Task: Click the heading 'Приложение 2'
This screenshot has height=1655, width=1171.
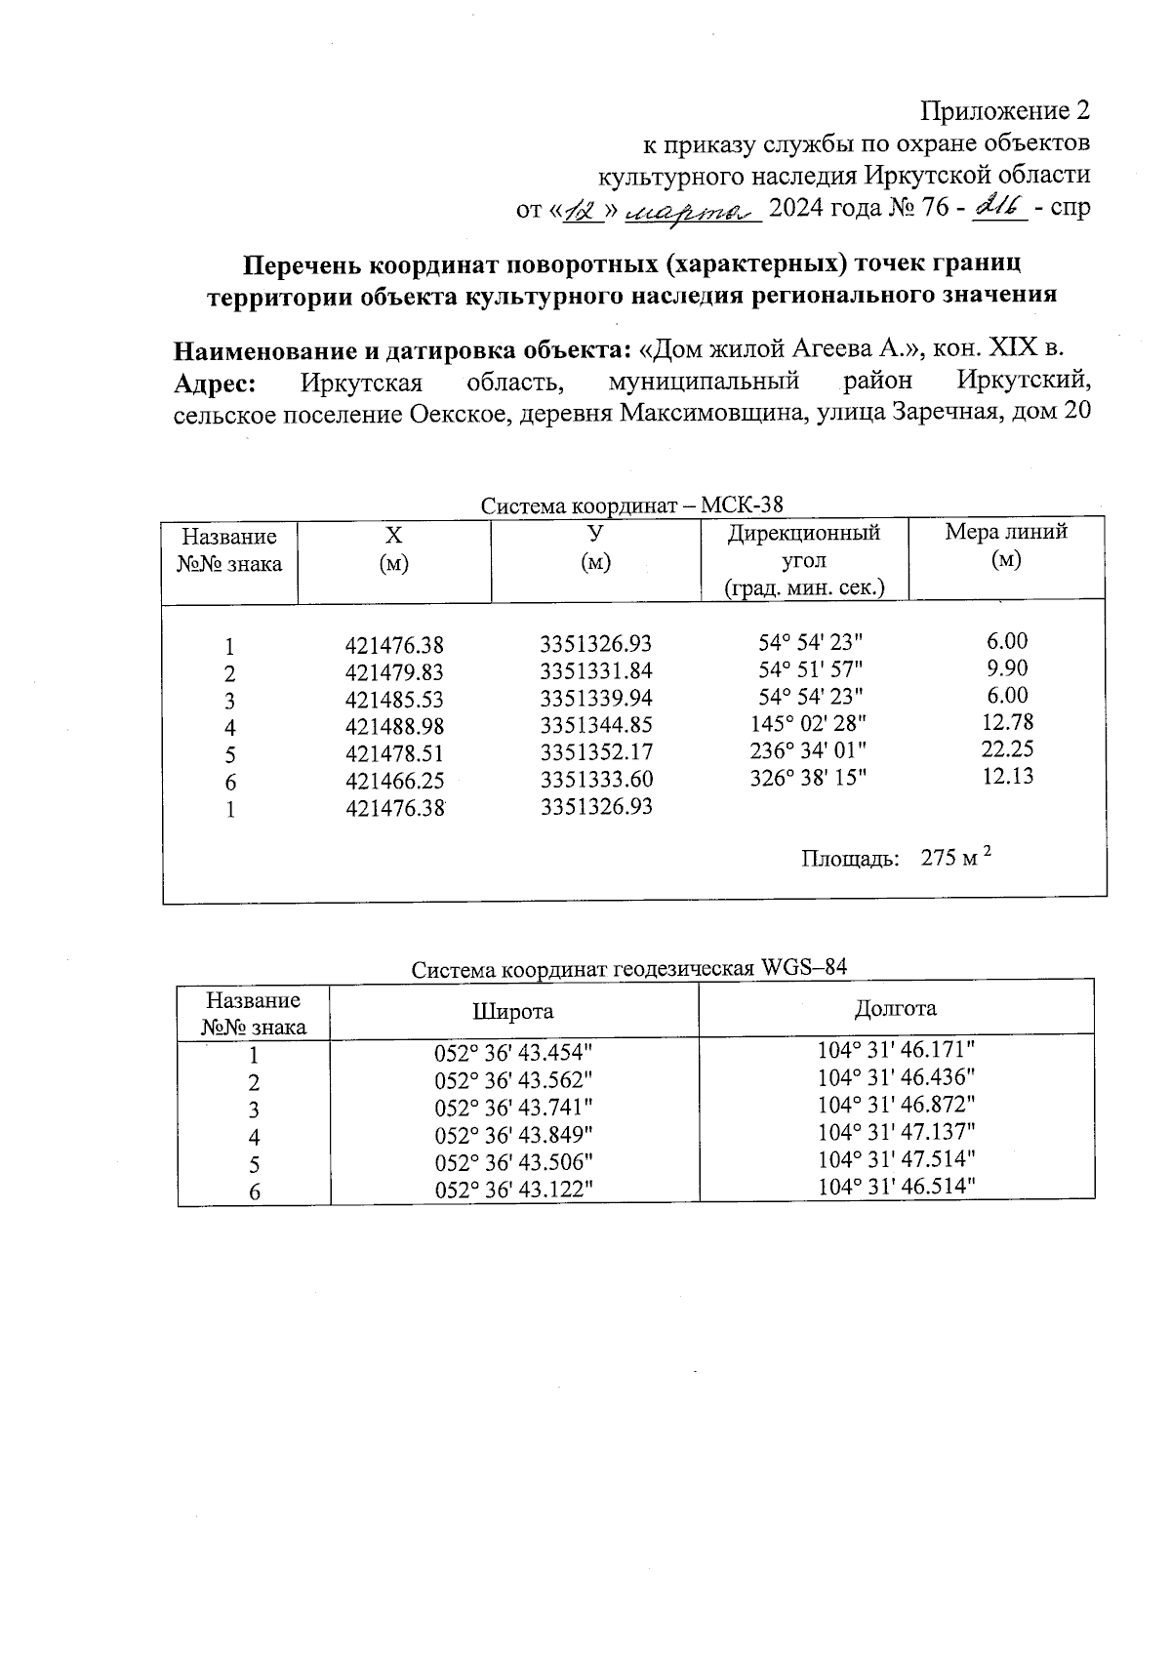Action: pos(1005,111)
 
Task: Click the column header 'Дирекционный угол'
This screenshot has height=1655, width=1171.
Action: pos(803,547)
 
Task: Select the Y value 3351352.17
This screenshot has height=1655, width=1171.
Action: pos(596,753)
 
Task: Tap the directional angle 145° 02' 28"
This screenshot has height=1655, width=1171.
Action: pos(810,724)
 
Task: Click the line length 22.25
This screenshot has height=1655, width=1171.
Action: pos(1007,749)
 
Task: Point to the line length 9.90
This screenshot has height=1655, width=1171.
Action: pos(1007,668)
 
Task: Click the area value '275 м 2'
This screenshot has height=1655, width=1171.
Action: pos(955,858)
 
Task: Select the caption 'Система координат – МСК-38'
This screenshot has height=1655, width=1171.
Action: pos(631,505)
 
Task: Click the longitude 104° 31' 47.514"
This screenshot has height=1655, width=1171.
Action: pos(896,1158)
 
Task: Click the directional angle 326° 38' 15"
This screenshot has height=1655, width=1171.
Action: pos(810,778)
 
